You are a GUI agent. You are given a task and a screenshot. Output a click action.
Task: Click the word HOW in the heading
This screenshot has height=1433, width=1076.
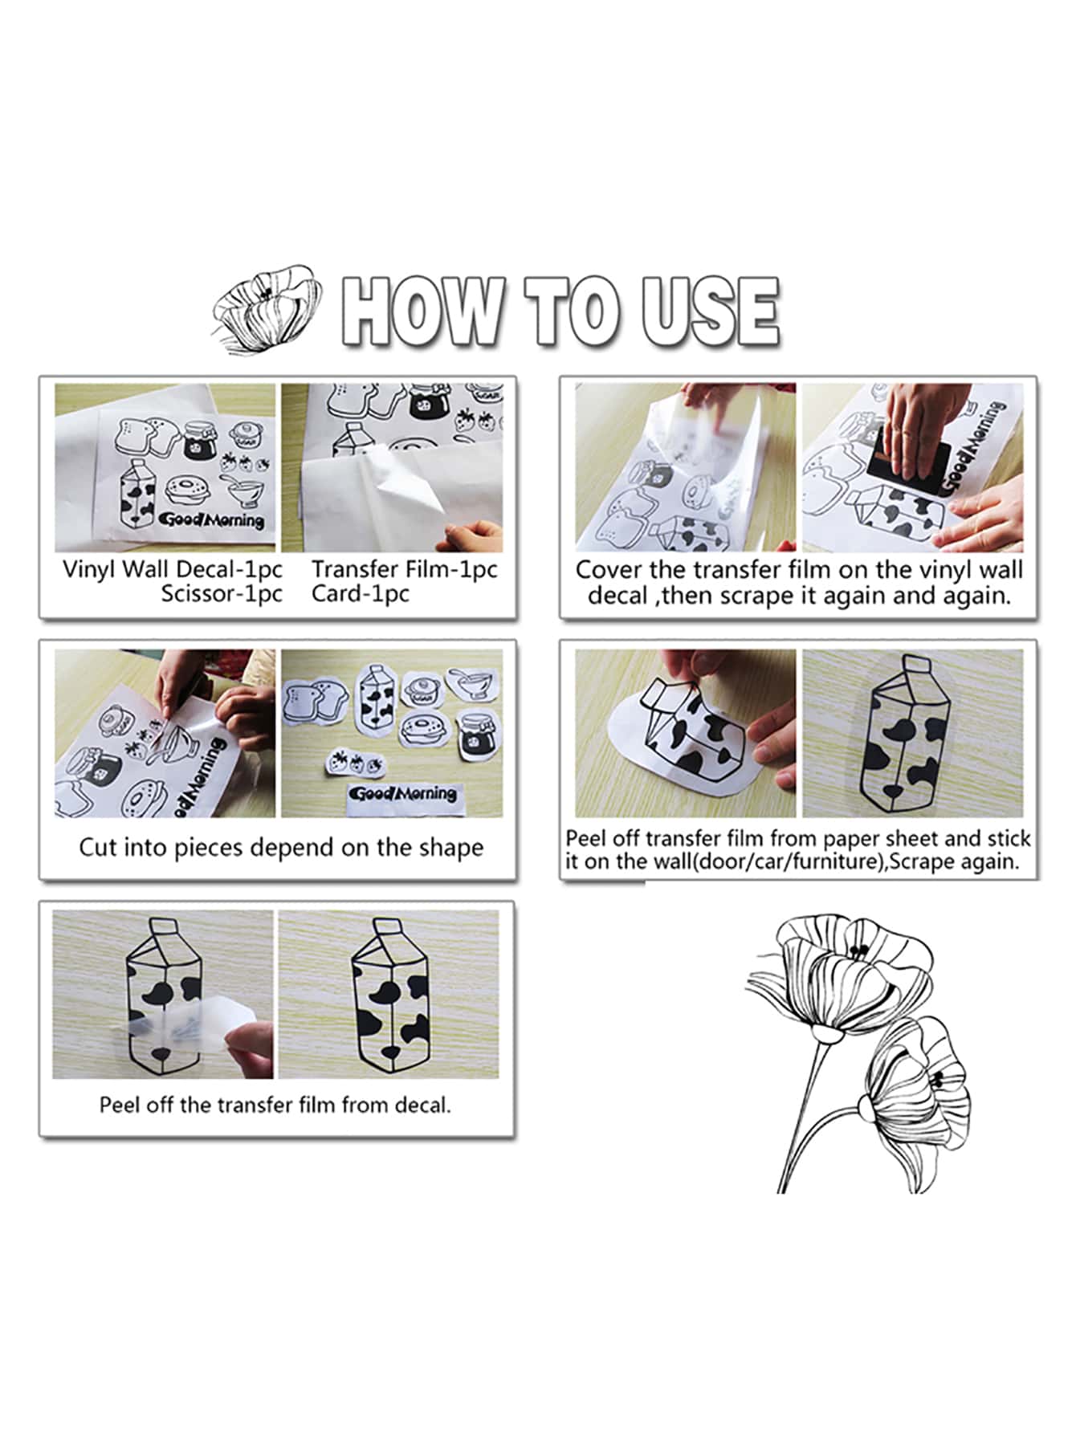(x=423, y=311)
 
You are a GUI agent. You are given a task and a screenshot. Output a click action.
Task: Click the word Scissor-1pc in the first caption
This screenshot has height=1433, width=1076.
(x=222, y=594)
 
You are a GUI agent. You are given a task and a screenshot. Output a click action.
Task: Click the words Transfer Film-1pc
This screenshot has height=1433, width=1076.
(x=405, y=569)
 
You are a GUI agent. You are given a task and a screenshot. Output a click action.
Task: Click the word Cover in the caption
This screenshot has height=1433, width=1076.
(x=608, y=570)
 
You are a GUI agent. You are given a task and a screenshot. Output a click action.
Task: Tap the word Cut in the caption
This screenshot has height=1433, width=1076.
(x=98, y=848)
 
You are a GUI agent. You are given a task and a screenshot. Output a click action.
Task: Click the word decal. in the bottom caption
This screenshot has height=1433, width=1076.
(x=422, y=1105)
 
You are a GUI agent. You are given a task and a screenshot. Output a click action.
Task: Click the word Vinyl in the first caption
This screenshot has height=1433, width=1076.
(x=90, y=569)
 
